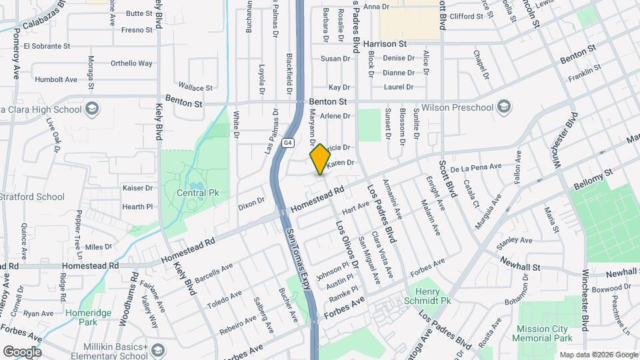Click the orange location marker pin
(320, 159)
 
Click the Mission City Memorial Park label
(542, 333)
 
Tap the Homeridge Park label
(83, 317)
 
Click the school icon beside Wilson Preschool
(504, 107)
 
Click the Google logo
(22, 352)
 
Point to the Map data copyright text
(598, 355)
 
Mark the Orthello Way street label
(132, 63)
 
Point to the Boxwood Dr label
(611, 287)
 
